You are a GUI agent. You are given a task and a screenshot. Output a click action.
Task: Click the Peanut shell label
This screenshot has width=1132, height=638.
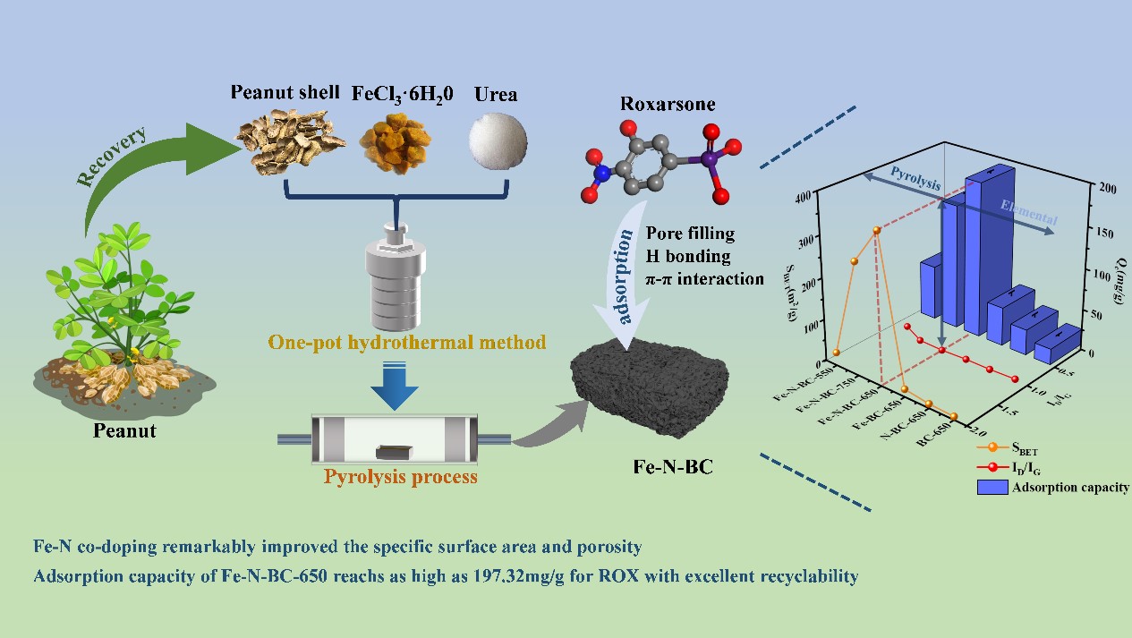coord(285,92)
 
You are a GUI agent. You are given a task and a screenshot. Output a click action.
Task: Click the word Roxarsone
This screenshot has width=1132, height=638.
coord(668,104)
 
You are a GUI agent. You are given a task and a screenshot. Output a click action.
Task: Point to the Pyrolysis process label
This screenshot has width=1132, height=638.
coord(400,477)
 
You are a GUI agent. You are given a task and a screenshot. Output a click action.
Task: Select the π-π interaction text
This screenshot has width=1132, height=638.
coord(704,279)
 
